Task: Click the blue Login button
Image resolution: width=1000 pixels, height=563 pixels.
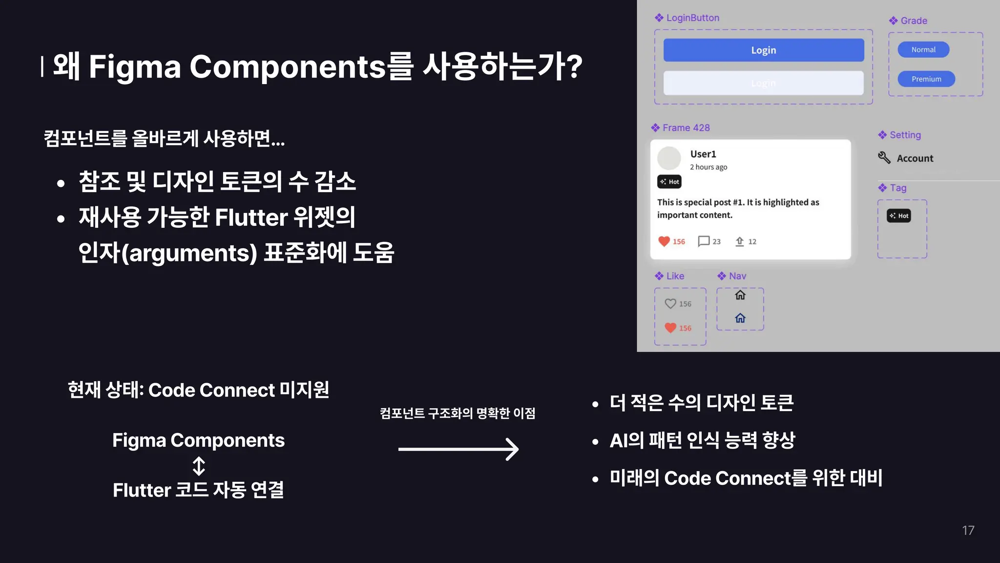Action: click(x=763, y=50)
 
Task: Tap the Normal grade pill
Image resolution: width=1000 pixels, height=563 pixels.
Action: click(x=923, y=49)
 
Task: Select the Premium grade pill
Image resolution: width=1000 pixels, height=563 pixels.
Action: click(x=926, y=79)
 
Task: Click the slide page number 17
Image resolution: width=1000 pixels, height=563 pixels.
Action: click(x=968, y=530)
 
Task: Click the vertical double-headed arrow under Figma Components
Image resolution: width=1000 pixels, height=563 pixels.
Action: click(x=199, y=466)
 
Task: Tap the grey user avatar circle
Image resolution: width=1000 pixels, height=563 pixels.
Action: click(x=669, y=158)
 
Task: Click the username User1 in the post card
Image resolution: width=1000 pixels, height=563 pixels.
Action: click(x=703, y=154)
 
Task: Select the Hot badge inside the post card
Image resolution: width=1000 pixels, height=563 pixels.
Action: click(x=669, y=182)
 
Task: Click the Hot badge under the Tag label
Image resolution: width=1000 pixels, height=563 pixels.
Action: click(x=899, y=216)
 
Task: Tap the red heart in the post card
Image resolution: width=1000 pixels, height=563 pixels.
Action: click(x=664, y=241)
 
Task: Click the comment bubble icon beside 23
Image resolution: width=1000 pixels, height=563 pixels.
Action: click(x=704, y=241)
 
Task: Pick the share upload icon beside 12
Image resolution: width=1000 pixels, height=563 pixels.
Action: click(x=740, y=241)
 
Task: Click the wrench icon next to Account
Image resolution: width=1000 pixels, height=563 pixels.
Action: click(x=884, y=157)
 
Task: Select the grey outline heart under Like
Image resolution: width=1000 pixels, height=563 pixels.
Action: click(x=670, y=303)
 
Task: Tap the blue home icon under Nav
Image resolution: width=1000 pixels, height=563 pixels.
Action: click(x=740, y=318)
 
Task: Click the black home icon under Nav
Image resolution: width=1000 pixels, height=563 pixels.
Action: click(x=740, y=295)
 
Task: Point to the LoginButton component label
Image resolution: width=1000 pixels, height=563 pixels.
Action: click(x=692, y=18)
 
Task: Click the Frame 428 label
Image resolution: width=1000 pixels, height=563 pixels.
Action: click(x=686, y=128)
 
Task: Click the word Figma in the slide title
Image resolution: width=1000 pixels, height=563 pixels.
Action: click(x=135, y=66)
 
